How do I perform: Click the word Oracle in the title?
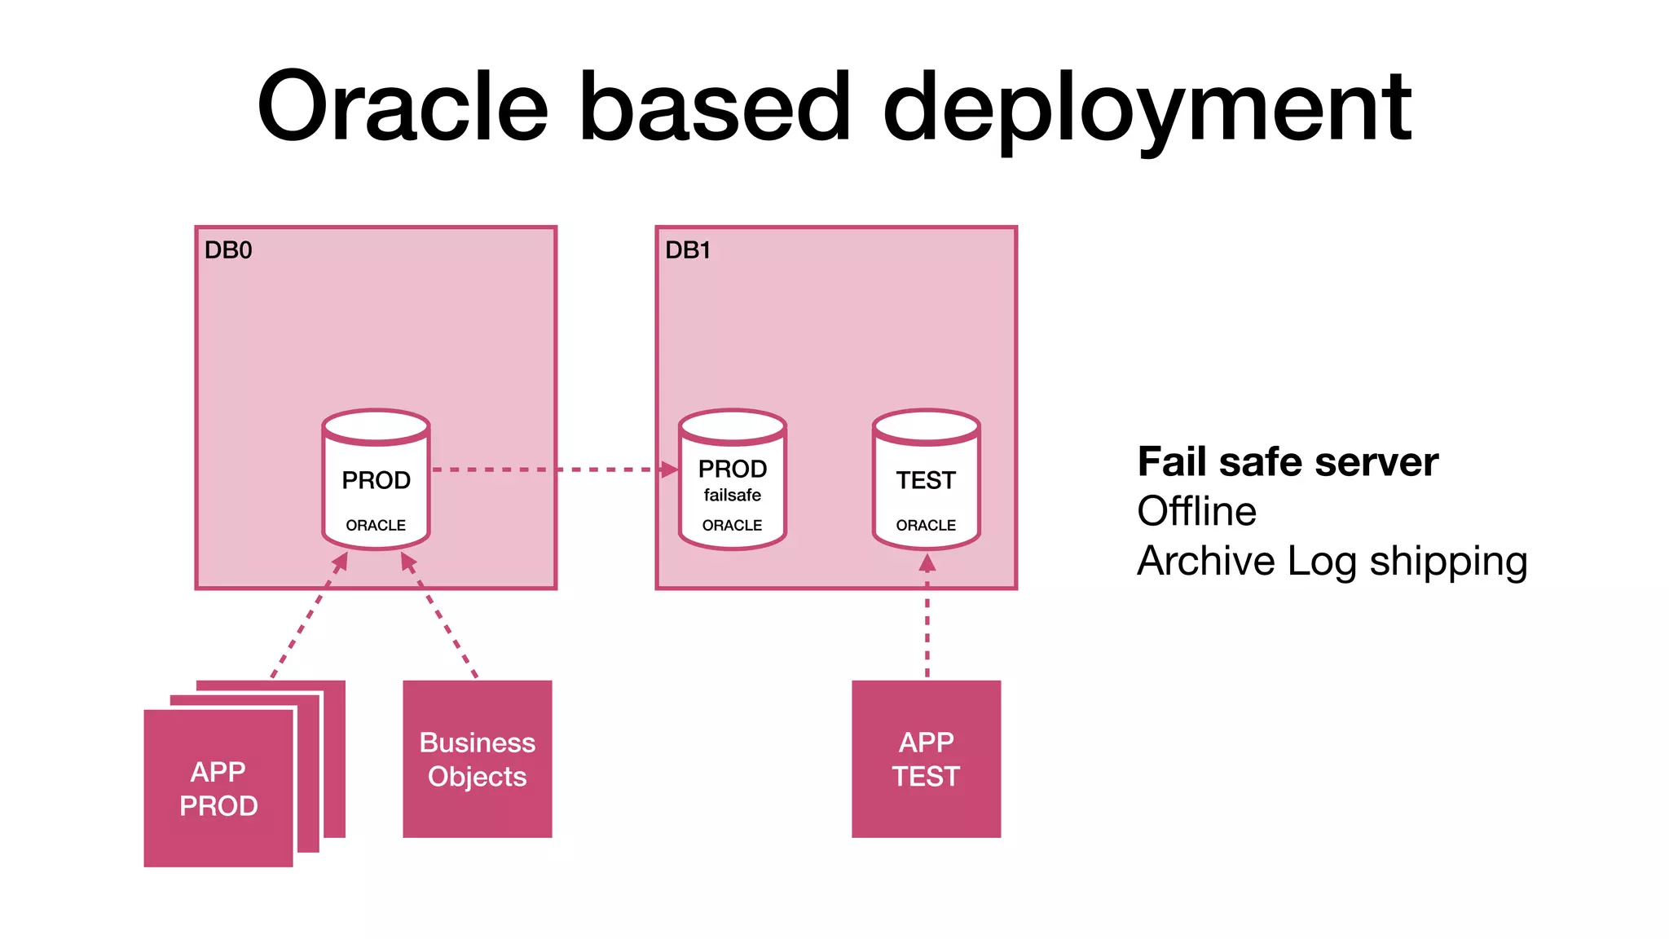point(403,106)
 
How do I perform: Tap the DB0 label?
point(227,250)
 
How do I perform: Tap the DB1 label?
point(688,250)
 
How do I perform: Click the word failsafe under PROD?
point(732,495)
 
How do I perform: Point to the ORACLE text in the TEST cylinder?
point(926,526)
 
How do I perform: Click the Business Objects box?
point(478,759)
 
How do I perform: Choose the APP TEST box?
point(926,759)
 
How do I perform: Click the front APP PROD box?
point(218,788)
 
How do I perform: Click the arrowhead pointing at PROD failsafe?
point(670,469)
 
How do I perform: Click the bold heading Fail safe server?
point(1288,462)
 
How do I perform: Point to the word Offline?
point(1196,512)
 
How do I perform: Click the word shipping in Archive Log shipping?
point(1448,562)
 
